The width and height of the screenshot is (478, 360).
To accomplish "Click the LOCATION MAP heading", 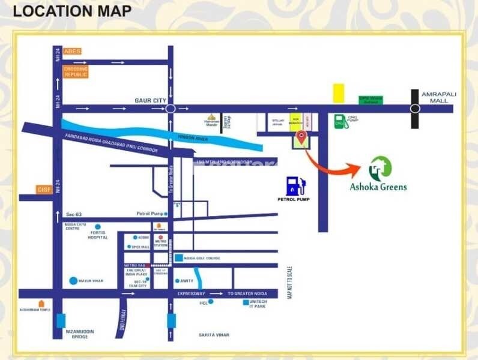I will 71,11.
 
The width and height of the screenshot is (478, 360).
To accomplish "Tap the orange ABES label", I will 72,52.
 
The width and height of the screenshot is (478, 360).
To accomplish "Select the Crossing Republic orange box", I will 76,71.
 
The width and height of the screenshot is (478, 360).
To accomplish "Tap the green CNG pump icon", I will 340,121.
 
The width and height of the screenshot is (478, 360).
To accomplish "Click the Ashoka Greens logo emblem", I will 380,169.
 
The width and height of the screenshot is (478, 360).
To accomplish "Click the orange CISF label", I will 44,190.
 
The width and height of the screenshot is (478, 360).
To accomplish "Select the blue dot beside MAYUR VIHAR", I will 73,280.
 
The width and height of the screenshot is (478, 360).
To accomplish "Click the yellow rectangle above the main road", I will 339,93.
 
